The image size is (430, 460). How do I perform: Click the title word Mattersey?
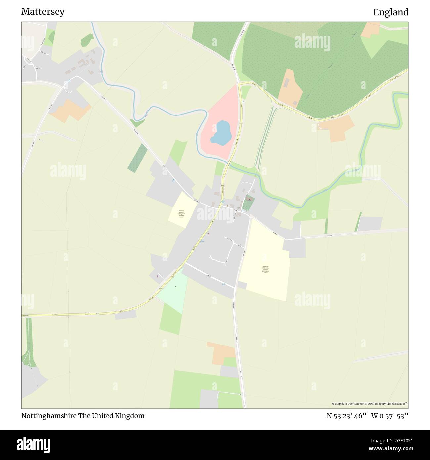[x=43, y=12]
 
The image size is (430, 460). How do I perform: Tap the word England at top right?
[x=391, y=12]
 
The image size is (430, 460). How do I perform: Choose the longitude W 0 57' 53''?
[x=390, y=416]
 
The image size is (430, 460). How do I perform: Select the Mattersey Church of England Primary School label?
[x=181, y=213]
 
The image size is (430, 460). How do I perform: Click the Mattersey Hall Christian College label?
[x=265, y=270]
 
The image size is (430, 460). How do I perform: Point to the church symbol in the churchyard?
[x=249, y=199]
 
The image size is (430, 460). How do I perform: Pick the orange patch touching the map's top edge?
[x=371, y=29]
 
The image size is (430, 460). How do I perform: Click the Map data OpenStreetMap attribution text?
[x=370, y=404]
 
